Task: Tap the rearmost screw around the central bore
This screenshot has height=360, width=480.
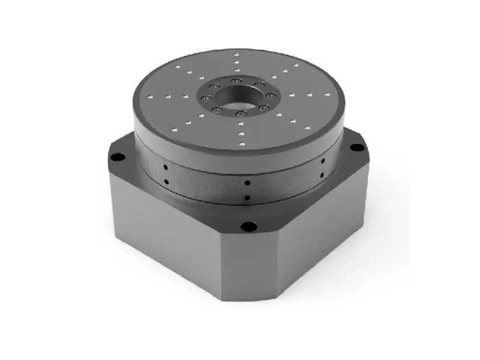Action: (x=233, y=80)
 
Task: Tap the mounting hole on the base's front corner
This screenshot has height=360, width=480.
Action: (x=245, y=227)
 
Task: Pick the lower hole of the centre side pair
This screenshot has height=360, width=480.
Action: (x=247, y=197)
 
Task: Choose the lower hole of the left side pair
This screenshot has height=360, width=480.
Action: (x=164, y=180)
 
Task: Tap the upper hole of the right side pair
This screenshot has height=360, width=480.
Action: (x=322, y=161)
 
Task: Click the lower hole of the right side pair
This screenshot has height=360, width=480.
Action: (x=322, y=175)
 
